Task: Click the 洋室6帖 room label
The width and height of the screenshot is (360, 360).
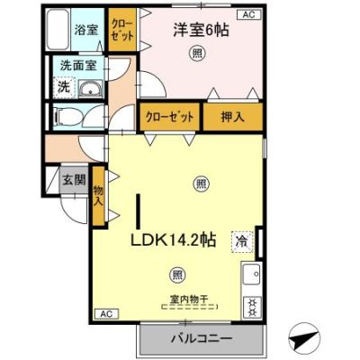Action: click(201, 31)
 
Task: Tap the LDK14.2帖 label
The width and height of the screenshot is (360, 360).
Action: click(173, 239)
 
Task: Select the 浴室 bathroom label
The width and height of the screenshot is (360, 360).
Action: click(86, 30)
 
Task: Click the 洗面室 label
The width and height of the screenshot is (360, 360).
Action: click(78, 66)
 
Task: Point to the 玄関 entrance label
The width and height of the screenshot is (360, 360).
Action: click(74, 180)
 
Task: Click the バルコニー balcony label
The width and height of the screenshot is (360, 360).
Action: click(202, 339)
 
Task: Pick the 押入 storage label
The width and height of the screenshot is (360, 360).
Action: click(232, 117)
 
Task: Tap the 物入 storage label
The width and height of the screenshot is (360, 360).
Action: click(98, 195)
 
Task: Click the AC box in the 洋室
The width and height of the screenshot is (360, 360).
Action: click(249, 14)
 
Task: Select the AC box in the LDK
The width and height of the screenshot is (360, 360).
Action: click(107, 314)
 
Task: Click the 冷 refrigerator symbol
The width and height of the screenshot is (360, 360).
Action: click(242, 242)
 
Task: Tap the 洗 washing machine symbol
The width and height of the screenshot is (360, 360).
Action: click(64, 87)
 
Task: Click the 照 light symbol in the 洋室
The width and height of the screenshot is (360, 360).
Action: click(197, 54)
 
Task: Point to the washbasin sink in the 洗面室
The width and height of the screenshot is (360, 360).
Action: click(90, 89)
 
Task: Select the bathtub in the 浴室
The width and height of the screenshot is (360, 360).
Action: click(58, 30)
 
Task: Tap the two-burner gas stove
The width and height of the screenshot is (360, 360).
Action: click(252, 307)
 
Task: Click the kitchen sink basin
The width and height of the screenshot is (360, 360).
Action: click(252, 274)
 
